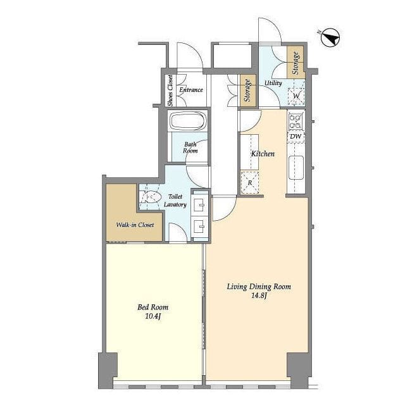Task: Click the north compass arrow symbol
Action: (330, 37)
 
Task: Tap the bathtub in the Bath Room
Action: (188, 121)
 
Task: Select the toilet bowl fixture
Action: (151, 197)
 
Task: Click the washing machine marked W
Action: (296, 96)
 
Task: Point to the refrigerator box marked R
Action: (250, 182)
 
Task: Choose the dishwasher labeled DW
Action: (296, 137)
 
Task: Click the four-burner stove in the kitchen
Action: (296, 121)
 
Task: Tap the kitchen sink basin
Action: (296, 167)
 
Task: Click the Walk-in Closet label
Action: (135, 225)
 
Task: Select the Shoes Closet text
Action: (170, 90)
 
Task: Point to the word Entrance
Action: (191, 90)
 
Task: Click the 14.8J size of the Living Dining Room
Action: (259, 296)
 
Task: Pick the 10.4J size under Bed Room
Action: (153, 316)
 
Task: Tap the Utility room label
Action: (273, 83)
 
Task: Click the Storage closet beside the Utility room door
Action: (248, 90)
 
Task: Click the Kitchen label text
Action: (263, 154)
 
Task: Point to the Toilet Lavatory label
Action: (175, 201)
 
